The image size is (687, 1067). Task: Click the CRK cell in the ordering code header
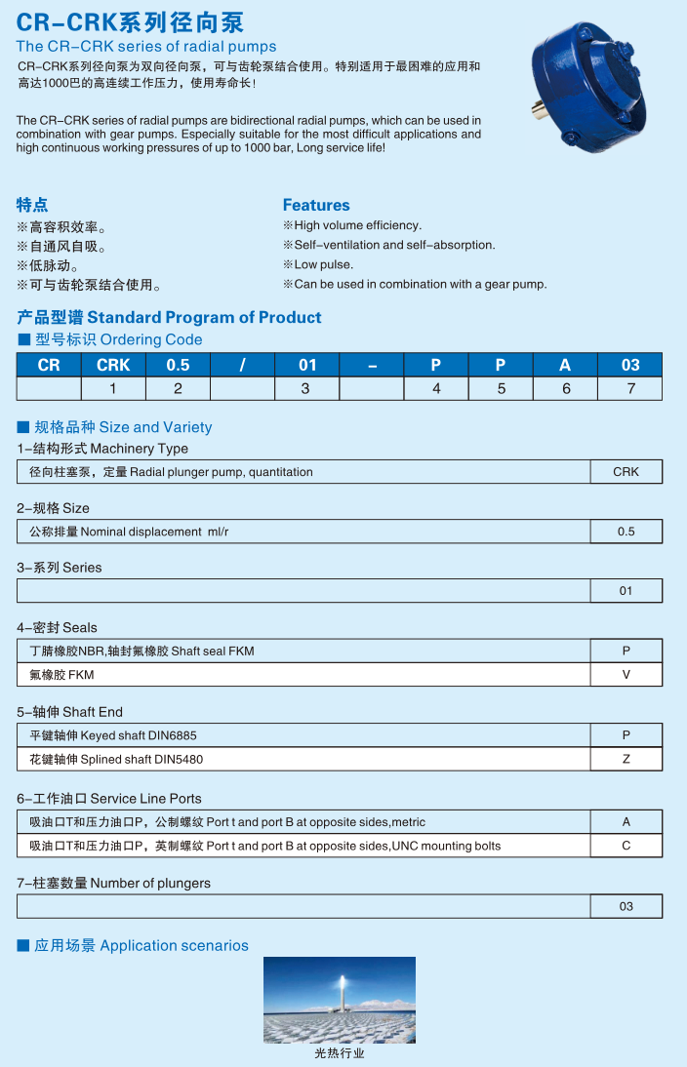[x=113, y=365]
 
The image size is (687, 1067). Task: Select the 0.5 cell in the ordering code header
[x=178, y=365]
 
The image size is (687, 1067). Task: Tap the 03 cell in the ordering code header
[x=630, y=365]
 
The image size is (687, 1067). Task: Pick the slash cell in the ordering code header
[x=242, y=365]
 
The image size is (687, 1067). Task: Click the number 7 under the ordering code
[x=630, y=388]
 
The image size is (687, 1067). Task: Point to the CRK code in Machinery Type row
[x=626, y=472]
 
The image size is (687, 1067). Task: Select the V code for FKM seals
[x=626, y=675]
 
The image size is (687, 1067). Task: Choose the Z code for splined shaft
[x=626, y=759]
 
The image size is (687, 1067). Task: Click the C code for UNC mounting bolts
[x=626, y=846]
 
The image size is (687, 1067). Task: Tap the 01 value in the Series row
[x=626, y=591]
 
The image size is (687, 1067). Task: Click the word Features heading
[x=316, y=205]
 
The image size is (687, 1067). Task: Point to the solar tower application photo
[x=340, y=1000]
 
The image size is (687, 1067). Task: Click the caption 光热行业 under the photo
[x=340, y=1053]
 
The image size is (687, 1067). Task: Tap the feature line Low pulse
[x=323, y=264]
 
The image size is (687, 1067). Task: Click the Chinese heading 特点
[x=32, y=205]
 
